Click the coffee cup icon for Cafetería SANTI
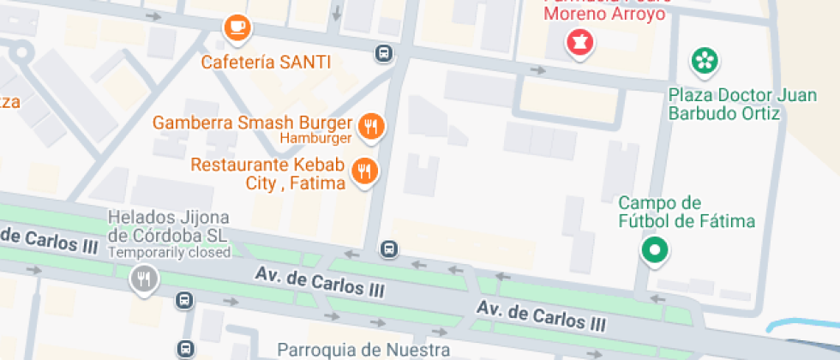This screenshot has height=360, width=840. [237, 28]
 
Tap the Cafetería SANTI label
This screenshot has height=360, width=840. [266, 63]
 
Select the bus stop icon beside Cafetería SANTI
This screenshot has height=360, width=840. [384, 55]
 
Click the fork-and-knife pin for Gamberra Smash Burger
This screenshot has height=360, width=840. [371, 127]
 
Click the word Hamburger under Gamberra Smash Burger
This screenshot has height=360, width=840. [315, 138]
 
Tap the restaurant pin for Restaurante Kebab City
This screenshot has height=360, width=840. [365, 171]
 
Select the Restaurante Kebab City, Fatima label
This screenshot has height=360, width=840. [267, 173]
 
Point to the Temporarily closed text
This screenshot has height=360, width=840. [170, 252]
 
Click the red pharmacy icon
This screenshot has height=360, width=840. [579, 44]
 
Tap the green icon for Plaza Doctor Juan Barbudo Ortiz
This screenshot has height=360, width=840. [705, 60]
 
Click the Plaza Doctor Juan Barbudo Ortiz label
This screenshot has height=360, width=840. [729, 104]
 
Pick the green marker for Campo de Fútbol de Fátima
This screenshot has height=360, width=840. [656, 250]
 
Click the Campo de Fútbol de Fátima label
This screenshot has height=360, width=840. [687, 213]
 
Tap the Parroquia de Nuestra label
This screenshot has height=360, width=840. [364, 349]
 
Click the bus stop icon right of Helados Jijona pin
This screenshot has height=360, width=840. [184, 300]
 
